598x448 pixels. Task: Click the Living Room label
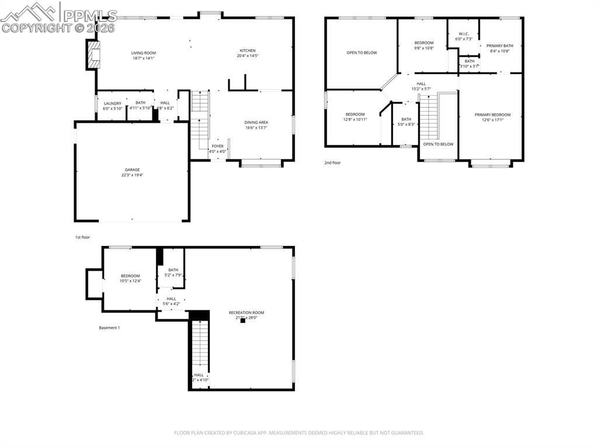click(143, 53)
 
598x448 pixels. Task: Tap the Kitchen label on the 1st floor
click(248, 51)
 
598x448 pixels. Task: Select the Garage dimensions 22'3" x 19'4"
click(132, 175)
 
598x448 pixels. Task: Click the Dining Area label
click(256, 123)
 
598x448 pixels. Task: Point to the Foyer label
click(217, 147)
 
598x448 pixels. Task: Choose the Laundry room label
click(113, 103)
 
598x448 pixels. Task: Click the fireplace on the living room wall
click(92, 54)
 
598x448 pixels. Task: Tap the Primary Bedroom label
click(492, 115)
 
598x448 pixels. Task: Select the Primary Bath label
click(499, 46)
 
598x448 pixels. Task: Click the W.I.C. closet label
click(464, 34)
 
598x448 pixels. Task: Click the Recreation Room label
click(246, 312)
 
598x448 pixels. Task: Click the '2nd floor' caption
click(332, 163)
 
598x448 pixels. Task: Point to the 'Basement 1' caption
click(109, 328)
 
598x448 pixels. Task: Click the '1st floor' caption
click(82, 237)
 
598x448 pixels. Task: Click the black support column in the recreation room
click(242, 321)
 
